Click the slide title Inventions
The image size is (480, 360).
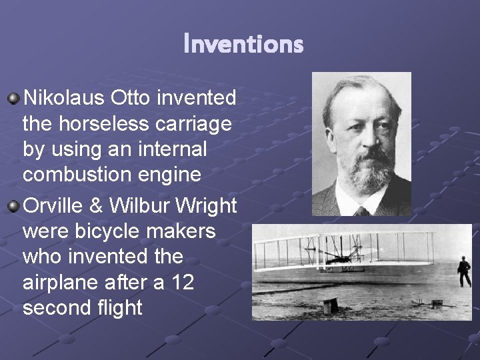243,45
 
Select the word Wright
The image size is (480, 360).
205,205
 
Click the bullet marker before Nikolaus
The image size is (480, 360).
13,99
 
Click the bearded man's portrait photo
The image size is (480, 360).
361,143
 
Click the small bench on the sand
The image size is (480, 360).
329,306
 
